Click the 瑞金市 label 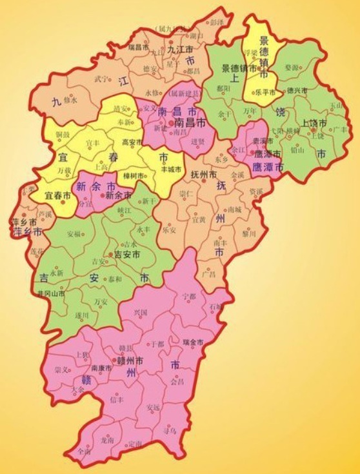(194, 341)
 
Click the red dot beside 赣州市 (114, 361)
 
